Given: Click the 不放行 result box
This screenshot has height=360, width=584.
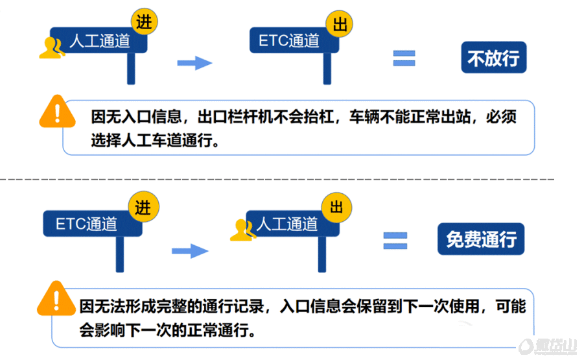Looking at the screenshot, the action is (x=493, y=57).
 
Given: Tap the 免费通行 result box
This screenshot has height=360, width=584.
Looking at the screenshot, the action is (x=481, y=239).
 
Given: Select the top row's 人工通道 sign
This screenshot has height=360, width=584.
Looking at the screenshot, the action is (x=99, y=40).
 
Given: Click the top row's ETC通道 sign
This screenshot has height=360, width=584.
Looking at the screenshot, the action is (x=294, y=40).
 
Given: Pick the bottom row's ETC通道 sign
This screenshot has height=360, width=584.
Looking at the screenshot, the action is (x=93, y=224).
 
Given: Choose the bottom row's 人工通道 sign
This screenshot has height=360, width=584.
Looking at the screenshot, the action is (x=292, y=224).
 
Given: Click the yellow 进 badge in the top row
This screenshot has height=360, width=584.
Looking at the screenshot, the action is (x=144, y=21).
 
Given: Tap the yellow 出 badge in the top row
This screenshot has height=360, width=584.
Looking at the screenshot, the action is (x=339, y=24).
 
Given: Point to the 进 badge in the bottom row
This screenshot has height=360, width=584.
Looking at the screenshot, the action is (x=144, y=207).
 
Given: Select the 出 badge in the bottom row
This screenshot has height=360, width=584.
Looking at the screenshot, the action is (x=336, y=207).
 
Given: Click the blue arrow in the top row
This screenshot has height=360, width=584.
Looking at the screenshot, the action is (x=194, y=63).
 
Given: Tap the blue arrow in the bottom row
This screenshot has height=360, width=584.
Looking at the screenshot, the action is (x=190, y=251).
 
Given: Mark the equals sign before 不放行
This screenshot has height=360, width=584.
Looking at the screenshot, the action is (x=404, y=58).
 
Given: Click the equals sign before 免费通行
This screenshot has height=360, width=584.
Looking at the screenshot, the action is (x=395, y=241).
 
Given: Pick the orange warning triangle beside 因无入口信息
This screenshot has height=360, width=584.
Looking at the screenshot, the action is (x=57, y=112).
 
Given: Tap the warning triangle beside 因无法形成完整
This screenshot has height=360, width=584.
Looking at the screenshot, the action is (x=56, y=299).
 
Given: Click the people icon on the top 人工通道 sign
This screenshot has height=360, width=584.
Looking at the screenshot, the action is (x=52, y=48).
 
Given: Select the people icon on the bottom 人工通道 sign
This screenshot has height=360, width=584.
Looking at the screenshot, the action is (x=243, y=230).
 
